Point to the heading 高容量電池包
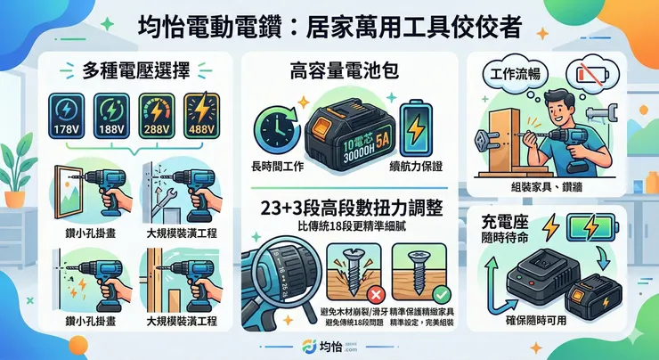tap(343, 71)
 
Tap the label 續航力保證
tap(415, 166)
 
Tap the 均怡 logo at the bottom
tap(329, 346)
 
